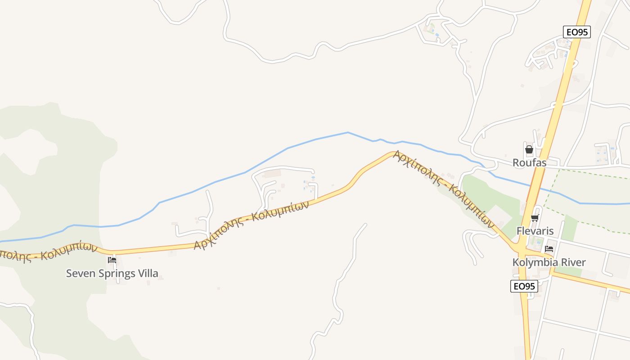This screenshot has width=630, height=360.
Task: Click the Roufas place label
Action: pyautogui.click(x=529, y=162)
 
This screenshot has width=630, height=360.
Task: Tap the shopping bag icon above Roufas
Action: pyautogui.click(x=529, y=149)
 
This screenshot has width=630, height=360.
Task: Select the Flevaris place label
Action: pyautogui.click(x=535, y=231)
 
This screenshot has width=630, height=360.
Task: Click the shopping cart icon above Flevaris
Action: pyautogui.click(x=535, y=218)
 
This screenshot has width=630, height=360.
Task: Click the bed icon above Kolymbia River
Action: pyautogui.click(x=549, y=249)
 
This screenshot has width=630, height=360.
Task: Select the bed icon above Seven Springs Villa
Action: pyautogui.click(x=112, y=260)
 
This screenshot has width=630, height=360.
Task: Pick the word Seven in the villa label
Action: pyautogui.click(x=78, y=273)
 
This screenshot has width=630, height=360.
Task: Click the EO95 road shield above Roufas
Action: pyautogui.click(x=576, y=32)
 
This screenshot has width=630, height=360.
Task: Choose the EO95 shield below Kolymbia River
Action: pyautogui.click(x=524, y=286)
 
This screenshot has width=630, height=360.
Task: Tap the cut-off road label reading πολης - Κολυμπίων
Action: pyautogui.click(x=47, y=252)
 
